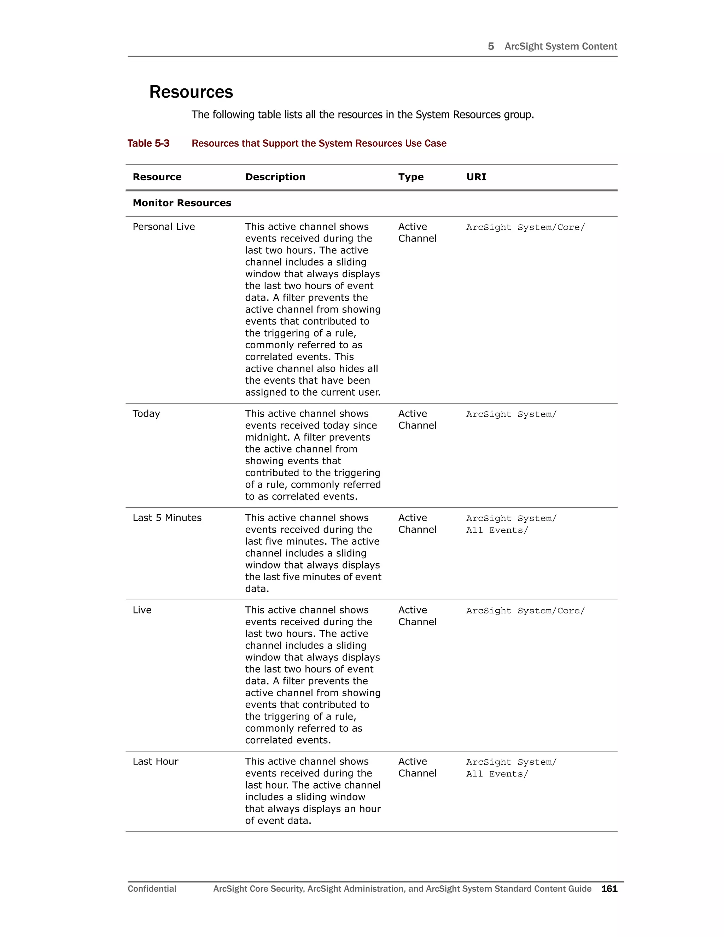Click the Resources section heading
(x=191, y=92)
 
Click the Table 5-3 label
(x=148, y=143)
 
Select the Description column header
(x=275, y=177)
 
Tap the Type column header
(x=410, y=177)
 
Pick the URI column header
(x=476, y=177)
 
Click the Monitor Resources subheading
(x=182, y=203)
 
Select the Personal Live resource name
(x=163, y=227)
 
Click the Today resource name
(x=146, y=414)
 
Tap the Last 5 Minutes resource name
(x=167, y=518)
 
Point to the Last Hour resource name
(x=155, y=762)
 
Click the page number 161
(x=609, y=889)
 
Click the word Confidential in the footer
(x=152, y=889)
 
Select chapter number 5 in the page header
(x=491, y=46)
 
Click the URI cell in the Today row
(x=511, y=414)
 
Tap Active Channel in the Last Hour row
(x=417, y=767)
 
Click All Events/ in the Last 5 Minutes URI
(x=497, y=530)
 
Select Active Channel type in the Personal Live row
(x=417, y=233)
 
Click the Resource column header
(x=157, y=177)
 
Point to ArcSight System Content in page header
(x=560, y=46)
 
